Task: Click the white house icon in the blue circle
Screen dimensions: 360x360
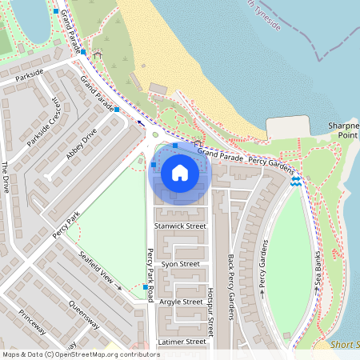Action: [180, 172]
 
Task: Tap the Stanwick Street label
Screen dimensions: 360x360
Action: [180, 226]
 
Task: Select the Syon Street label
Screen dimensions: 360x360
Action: [180, 263]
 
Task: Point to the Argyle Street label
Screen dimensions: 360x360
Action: [182, 302]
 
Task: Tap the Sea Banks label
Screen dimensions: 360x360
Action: [318, 272]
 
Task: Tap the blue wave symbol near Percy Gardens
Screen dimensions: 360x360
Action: [295, 182]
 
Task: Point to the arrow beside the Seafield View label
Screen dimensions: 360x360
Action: [120, 286]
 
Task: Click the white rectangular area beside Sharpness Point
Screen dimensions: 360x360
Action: [288, 127]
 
